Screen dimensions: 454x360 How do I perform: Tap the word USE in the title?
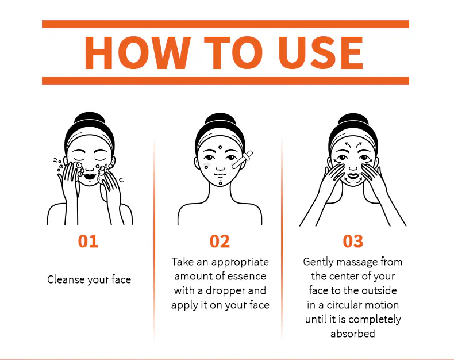[x=320, y=53]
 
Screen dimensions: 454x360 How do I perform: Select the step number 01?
[x=88, y=241]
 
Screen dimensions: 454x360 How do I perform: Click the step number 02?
[x=220, y=241]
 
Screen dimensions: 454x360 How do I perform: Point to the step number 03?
[x=353, y=241]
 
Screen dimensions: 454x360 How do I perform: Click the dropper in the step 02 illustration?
[x=243, y=160]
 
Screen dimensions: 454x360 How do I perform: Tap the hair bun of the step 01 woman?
[x=90, y=118]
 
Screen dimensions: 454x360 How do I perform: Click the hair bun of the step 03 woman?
[x=353, y=119]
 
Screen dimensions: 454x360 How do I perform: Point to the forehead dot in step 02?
[x=220, y=148]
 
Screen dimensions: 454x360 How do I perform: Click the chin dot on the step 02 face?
[x=220, y=183]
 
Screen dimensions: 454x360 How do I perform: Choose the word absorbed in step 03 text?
[x=353, y=334]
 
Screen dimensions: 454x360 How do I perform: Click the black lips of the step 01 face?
[x=90, y=176]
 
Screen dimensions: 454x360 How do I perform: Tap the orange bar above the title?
[x=225, y=24]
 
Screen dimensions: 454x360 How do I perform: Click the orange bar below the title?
[x=225, y=81]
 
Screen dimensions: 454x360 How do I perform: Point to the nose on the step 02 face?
[x=220, y=168]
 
